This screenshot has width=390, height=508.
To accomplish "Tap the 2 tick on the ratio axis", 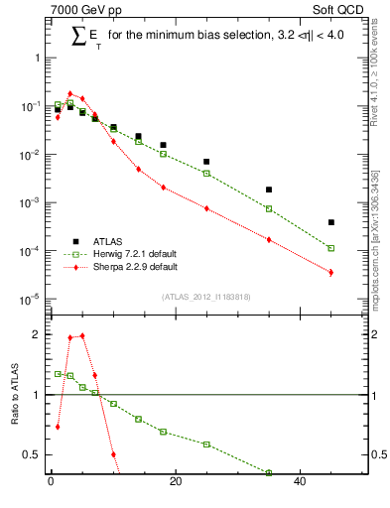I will point(39,334).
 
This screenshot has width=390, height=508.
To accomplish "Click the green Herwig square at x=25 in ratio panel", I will point(206,444).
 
